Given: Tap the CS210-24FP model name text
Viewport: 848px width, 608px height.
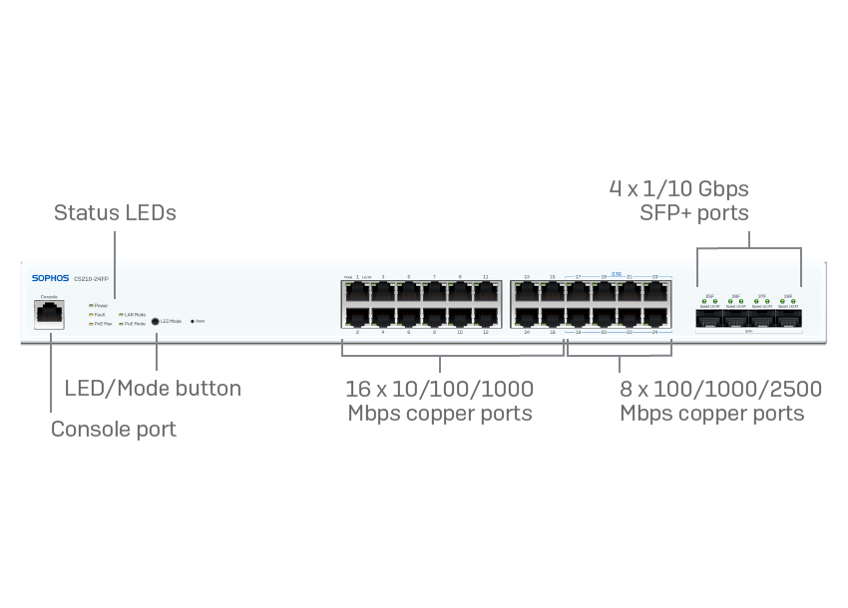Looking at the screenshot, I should pos(92,278).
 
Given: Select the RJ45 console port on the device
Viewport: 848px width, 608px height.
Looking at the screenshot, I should pos(49,314).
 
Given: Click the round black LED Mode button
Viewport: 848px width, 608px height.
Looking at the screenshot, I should pos(155,321).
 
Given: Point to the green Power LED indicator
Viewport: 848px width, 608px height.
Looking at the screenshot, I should pos(91,305).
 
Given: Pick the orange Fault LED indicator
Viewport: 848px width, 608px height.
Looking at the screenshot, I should pos(91,314).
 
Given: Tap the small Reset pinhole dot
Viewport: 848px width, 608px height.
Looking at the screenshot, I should pos(192,321).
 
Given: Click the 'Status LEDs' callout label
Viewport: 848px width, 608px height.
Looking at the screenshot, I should pos(115,212).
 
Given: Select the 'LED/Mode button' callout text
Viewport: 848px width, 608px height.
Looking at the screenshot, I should pos(153,388).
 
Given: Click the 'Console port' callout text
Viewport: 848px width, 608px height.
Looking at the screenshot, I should pos(113,429).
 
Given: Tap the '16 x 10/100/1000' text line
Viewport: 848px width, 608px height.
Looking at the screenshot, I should pos(439,389).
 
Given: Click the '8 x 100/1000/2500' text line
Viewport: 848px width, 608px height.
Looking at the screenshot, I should pos(720,389).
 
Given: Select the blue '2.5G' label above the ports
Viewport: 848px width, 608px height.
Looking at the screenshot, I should pos(616,273).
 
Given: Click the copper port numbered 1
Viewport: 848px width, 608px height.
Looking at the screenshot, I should pos(357,292).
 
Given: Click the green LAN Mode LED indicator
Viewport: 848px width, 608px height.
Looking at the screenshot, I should pos(122,314).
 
